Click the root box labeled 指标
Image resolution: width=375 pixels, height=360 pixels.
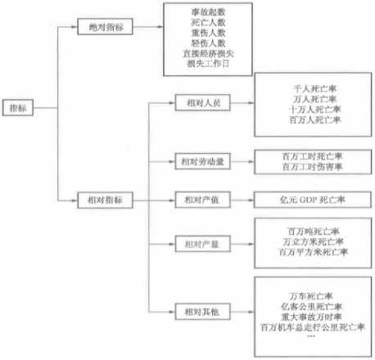coord(18,108)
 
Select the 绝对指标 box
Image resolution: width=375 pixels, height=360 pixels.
coord(106,27)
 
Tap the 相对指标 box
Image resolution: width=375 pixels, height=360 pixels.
coord(106,200)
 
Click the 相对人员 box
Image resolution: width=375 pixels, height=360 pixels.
coord(203,102)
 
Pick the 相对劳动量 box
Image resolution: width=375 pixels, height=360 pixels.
coord(203,161)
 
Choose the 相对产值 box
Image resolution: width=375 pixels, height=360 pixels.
coord(203,200)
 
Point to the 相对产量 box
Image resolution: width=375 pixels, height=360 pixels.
coord(203,244)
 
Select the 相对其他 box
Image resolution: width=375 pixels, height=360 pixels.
coord(203,312)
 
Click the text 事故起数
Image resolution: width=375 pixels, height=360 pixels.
coord(208,12)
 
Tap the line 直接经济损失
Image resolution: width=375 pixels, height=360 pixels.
coord(208,53)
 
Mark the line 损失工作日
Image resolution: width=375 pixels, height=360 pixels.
coord(208,64)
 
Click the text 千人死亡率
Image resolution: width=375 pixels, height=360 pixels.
coord(315,88)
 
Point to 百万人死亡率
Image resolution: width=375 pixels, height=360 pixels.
coord(315,119)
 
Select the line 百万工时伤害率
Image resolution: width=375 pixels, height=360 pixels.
coord(313,166)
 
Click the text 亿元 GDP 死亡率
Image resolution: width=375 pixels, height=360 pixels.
coord(313,200)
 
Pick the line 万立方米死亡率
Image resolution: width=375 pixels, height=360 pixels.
coord(313,241)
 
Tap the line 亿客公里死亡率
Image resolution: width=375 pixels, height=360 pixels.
coord(312,307)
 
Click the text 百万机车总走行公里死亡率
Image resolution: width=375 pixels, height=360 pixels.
coord(313,327)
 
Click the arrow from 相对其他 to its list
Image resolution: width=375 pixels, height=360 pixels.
coord(242,312)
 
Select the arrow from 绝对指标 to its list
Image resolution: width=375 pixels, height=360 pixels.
coord(148,27)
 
